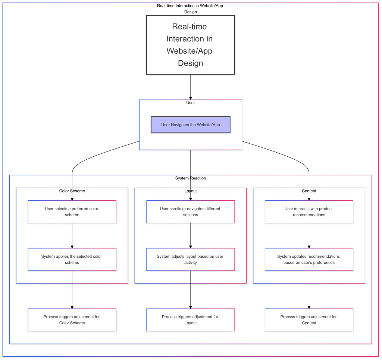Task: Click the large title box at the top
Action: coord(190,45)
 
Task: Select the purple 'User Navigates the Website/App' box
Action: coord(190,125)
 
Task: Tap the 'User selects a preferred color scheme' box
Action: coord(72,212)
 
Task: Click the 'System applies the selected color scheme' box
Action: coord(72,259)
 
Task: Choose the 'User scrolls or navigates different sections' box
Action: coord(190,212)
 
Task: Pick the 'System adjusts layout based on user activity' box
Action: coord(190,259)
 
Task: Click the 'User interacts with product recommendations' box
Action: coord(309,212)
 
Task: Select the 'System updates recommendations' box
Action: coord(309,259)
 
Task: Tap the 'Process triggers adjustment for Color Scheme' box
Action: coord(72,320)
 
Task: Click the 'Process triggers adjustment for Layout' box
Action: coord(190,320)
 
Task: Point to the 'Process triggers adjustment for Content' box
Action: coord(309,320)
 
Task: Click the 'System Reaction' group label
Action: coord(190,178)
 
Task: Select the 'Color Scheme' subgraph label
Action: coord(72,191)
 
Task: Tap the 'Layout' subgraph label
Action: coord(190,191)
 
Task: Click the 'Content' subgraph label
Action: coord(309,191)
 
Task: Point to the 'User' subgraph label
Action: coord(190,103)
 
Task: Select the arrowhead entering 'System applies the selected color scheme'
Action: coord(72,246)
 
